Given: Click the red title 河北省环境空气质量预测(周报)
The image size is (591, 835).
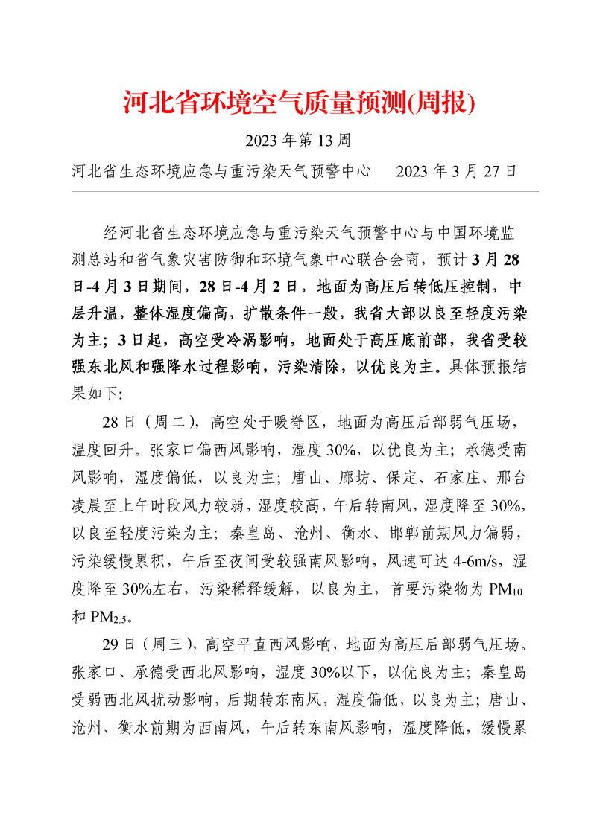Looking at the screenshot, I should point(298,103).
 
